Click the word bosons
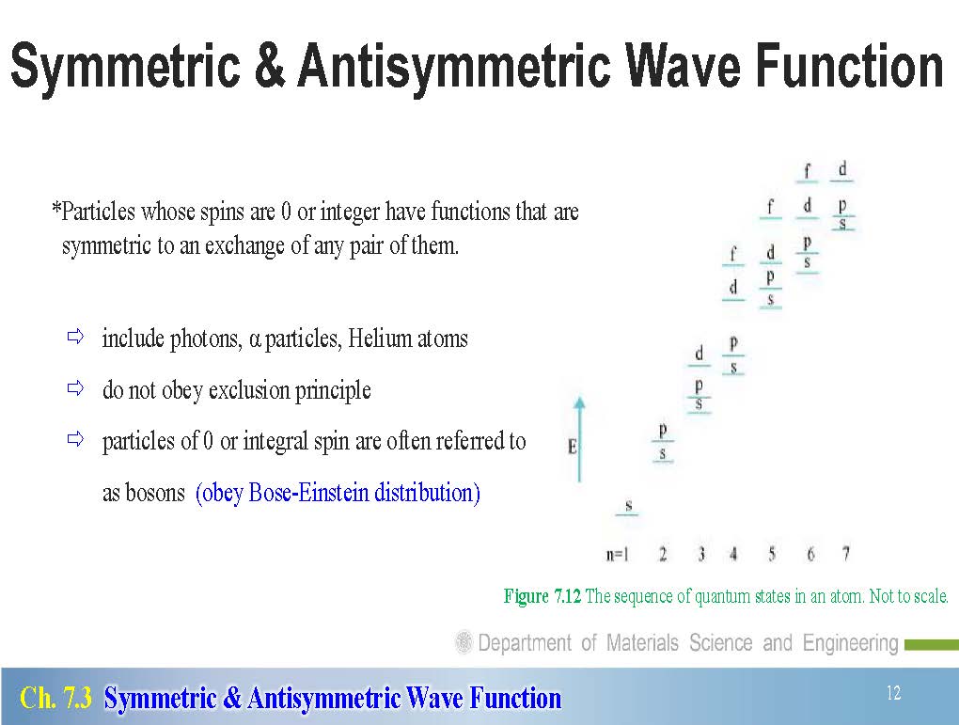coord(155,493)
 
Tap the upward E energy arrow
coord(579,439)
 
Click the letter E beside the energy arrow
coord(572,447)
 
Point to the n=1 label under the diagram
coord(617,554)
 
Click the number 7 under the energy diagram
coord(846,554)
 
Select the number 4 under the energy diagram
coord(733,554)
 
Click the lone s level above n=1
coord(627,507)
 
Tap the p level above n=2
coord(663,432)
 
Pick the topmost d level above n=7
coord(841,171)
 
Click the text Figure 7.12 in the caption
coord(542,596)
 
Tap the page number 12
coord(893,693)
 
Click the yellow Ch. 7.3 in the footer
coord(55,698)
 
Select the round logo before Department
coord(464,642)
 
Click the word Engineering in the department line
coord(850,643)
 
